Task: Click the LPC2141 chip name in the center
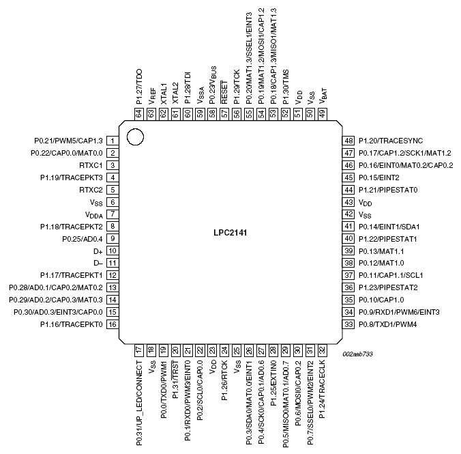230,233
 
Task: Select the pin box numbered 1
111,141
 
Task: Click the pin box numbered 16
111,324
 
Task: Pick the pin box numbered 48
348,141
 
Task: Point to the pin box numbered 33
348,324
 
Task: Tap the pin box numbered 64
138,114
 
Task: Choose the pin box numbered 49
322,114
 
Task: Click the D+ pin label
98,251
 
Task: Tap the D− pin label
98,263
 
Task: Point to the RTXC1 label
91,165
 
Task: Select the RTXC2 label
91,190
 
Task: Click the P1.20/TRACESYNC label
391,141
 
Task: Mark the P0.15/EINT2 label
379,178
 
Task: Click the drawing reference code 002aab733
358,355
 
